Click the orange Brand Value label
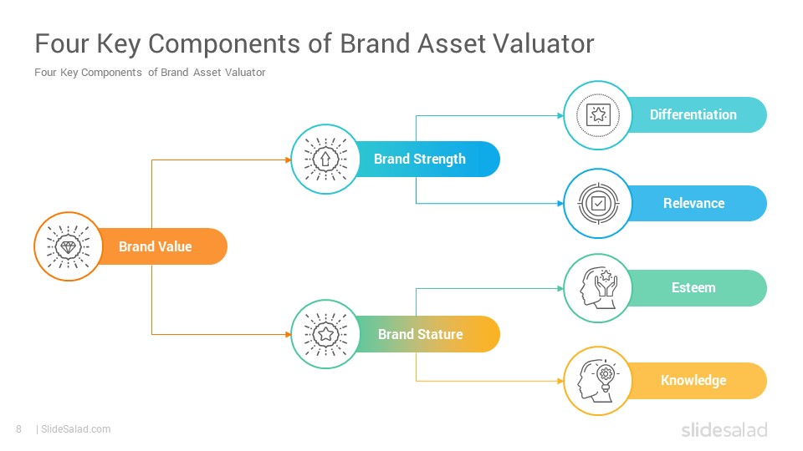click(156, 246)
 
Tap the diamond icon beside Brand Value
click(68, 247)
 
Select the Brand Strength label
click(419, 159)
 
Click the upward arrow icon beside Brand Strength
click(325, 160)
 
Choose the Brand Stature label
click(421, 334)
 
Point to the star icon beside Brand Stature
click(325, 334)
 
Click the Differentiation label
click(693, 114)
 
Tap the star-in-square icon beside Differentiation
click(597, 115)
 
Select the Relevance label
click(694, 203)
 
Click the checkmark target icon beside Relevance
click(598, 204)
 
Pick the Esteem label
click(693, 287)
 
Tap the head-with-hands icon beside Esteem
click(598, 288)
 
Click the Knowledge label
click(693, 381)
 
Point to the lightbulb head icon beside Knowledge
click(598, 381)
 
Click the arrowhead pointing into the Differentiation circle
click(560, 115)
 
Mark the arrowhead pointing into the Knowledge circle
click(560, 381)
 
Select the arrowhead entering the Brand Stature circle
click(289, 334)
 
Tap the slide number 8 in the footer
click(19, 429)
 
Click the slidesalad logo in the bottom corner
click(724, 429)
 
